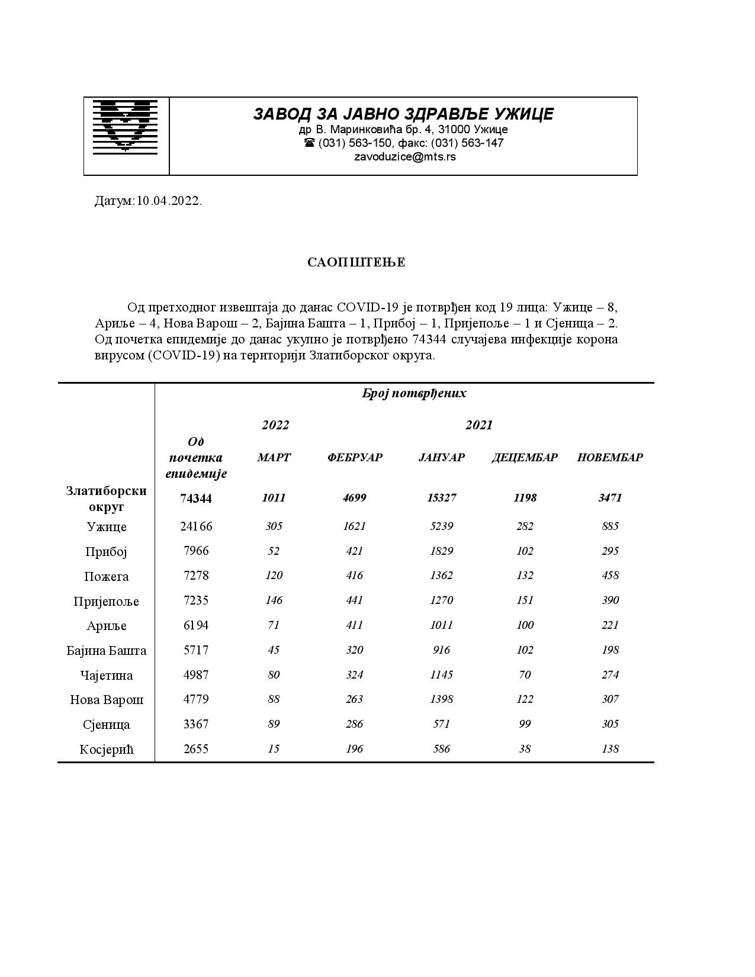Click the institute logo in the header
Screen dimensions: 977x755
[x=126, y=126]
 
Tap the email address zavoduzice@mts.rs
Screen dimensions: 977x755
[x=404, y=157]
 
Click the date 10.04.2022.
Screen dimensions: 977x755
[x=169, y=201]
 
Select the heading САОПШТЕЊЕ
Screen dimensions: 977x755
[x=356, y=262]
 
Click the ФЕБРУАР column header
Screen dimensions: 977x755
[x=355, y=457]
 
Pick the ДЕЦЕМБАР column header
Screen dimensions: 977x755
[x=525, y=457]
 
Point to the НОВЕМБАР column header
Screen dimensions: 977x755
[x=610, y=457]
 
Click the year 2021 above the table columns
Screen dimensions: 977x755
[x=478, y=425]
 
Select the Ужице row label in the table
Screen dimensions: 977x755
[x=107, y=526]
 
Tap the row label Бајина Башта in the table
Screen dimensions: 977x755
[x=107, y=651]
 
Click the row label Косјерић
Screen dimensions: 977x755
[x=107, y=750]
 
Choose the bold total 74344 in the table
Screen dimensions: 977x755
[x=196, y=498]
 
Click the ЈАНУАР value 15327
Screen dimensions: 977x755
[x=442, y=497]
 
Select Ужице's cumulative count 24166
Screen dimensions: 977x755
[x=196, y=526]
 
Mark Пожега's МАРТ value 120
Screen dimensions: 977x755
[x=274, y=576]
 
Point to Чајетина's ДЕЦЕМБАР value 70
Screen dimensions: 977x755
[x=525, y=674]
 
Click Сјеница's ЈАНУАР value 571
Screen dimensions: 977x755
[x=442, y=724]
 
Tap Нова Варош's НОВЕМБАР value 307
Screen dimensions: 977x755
[x=610, y=699]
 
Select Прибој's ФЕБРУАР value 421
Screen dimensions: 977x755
[x=355, y=551]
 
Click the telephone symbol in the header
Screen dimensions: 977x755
[x=310, y=143]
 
